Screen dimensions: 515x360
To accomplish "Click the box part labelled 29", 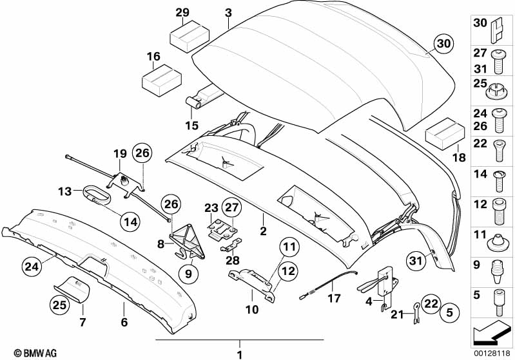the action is click(x=189, y=37).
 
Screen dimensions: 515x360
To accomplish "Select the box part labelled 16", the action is click(x=162, y=81).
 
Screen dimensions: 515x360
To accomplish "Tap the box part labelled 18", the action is click(x=445, y=134).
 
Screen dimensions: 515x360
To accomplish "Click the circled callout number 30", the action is click(x=443, y=44).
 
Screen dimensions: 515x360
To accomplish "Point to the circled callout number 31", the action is click(x=416, y=261).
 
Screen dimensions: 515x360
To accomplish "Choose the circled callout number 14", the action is click(x=130, y=222).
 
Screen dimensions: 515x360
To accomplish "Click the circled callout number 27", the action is click(x=232, y=207).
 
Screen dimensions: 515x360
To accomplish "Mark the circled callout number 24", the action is click(x=32, y=266).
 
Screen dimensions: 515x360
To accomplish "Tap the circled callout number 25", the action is click(x=60, y=305).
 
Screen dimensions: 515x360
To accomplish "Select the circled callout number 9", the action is click(x=188, y=273).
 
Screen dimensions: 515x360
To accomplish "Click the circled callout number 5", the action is click(x=449, y=312).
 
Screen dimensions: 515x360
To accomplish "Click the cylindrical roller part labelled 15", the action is click(x=195, y=102).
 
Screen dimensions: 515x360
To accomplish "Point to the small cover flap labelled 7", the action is click(x=72, y=290).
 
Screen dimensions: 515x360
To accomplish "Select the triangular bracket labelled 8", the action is click(x=188, y=240).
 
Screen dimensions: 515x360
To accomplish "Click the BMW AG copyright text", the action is click(x=35, y=353).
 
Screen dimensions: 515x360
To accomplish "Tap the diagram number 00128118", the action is click(x=492, y=353).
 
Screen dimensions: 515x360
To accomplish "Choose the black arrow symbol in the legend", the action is click(x=491, y=331).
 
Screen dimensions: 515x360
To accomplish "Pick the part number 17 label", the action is click(x=334, y=299).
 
